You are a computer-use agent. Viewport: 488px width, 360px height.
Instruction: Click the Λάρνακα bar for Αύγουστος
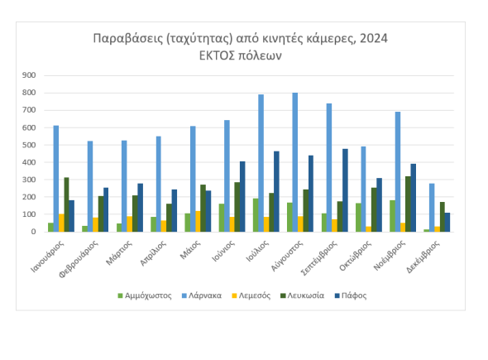pos(295,162)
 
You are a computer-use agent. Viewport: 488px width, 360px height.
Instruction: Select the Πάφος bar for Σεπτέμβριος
pos(345,190)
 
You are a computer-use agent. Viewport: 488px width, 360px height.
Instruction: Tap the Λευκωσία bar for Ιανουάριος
pos(67,204)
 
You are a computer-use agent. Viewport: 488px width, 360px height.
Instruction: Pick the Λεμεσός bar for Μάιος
pos(198,222)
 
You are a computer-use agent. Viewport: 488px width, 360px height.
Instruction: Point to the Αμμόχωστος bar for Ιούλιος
pos(256,215)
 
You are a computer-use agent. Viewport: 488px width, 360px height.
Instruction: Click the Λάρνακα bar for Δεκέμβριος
pos(432,208)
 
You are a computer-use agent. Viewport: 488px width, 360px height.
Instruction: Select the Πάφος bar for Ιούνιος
pos(242,196)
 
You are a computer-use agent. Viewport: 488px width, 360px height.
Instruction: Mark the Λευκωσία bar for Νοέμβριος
pos(408,204)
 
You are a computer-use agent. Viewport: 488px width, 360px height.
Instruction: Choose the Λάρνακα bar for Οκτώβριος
pos(363,189)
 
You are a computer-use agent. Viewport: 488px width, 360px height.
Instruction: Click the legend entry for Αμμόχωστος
pos(145,295)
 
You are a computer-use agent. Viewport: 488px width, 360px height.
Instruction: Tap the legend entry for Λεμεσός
pos(251,295)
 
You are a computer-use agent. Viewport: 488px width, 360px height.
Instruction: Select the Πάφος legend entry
pos(351,295)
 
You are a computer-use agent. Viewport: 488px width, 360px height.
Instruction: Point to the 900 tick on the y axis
pos(29,75)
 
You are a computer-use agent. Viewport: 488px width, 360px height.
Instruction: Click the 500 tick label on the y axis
pos(29,145)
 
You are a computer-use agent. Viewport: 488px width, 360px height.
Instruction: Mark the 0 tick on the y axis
pos(33,232)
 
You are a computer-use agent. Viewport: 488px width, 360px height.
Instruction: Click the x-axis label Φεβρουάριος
pos(79,259)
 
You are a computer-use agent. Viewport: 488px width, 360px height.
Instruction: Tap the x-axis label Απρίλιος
pos(153,253)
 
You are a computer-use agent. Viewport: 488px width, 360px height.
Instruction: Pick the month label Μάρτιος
pos(119,253)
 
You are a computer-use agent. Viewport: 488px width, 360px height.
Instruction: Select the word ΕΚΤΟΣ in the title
pos(217,55)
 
